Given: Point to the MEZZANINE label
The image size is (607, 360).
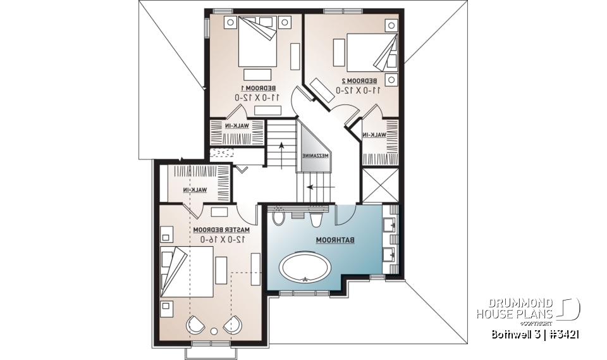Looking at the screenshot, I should [312, 155].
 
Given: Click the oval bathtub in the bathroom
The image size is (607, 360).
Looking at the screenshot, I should [305, 267].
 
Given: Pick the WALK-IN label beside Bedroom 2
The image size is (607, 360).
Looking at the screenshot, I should [375, 135].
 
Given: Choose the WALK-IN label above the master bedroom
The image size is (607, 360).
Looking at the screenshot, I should [196, 190].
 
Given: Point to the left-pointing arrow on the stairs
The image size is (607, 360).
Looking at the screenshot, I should [311, 187].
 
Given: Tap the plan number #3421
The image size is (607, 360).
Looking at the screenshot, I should [565, 333].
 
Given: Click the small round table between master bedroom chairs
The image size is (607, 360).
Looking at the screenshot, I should [215, 330].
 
